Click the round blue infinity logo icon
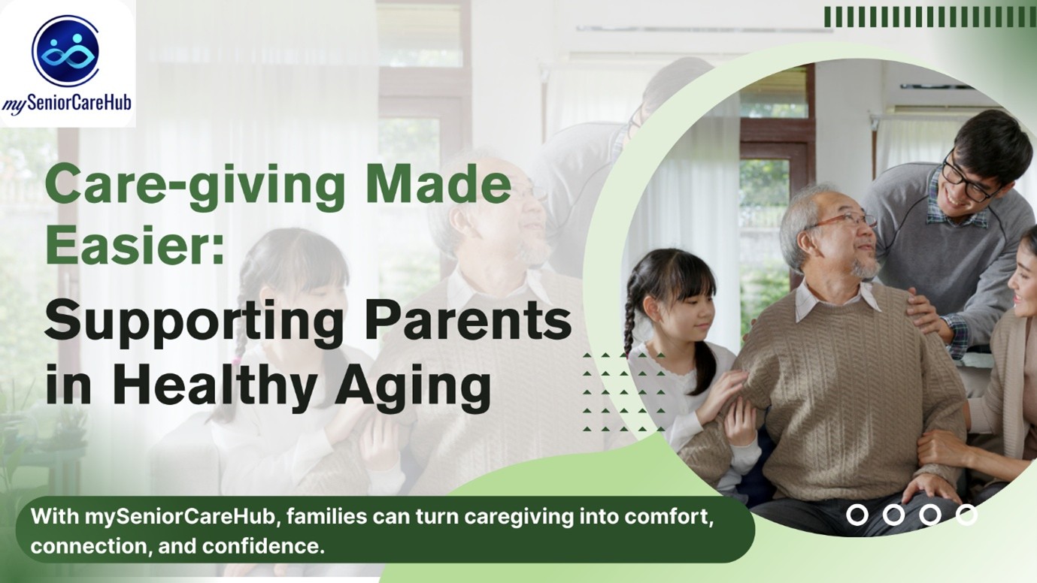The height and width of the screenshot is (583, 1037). pos(65,50)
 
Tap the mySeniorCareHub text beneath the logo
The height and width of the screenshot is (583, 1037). pos(67,104)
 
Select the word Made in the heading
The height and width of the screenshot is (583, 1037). pos(438,183)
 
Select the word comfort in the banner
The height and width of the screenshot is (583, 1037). pos(669,516)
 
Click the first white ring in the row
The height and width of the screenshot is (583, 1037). pos(857,515)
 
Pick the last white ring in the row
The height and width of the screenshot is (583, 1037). pos(966,515)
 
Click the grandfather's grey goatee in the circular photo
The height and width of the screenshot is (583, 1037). pos(866,267)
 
